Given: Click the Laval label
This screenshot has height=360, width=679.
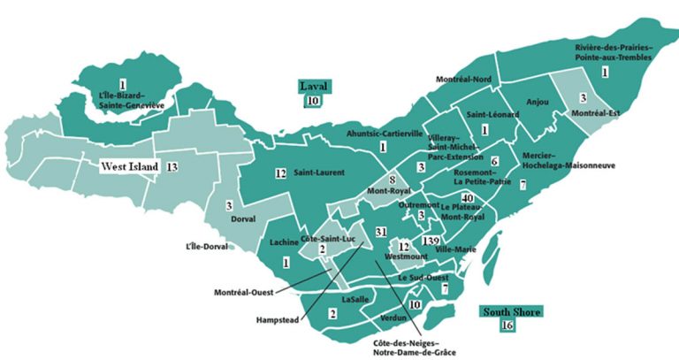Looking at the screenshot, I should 313,87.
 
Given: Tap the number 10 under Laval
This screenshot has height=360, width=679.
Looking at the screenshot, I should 313,101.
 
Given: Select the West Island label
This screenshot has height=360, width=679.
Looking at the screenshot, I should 129,166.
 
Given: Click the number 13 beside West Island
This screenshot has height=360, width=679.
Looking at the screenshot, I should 172,166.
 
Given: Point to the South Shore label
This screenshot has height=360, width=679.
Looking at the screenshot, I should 510,311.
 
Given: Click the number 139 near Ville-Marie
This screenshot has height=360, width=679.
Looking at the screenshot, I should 431,241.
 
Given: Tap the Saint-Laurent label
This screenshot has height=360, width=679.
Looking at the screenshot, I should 319,172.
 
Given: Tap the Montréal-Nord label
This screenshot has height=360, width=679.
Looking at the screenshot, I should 463,79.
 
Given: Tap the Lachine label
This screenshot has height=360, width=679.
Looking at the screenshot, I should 282,241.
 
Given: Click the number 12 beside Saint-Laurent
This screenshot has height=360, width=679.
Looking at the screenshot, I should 280,172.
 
